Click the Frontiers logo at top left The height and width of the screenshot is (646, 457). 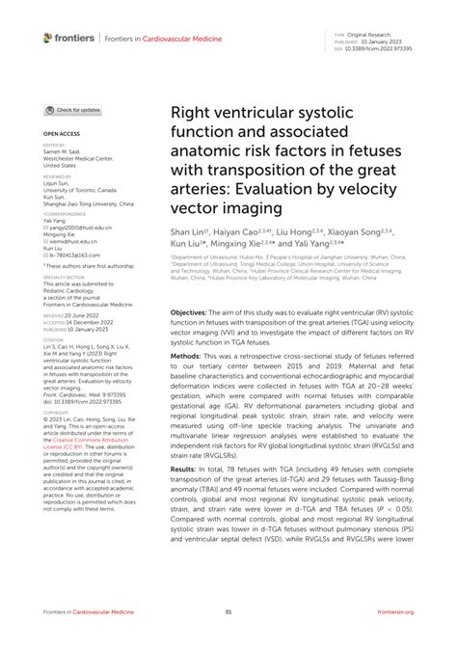click(x=68, y=38)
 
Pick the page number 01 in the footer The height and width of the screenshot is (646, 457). click(x=228, y=612)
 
